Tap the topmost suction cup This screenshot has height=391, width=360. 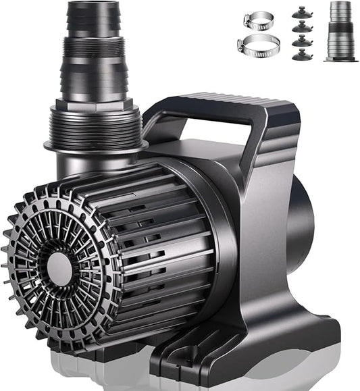pos(299,11)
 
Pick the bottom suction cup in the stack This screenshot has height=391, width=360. pos(299,55)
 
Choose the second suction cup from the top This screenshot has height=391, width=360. pos(299,26)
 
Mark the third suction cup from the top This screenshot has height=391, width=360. pos(299,41)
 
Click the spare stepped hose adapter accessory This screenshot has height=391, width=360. pos(340,30)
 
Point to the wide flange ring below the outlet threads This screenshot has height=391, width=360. pos(95,145)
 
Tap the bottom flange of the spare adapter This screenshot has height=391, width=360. pos(340,59)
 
